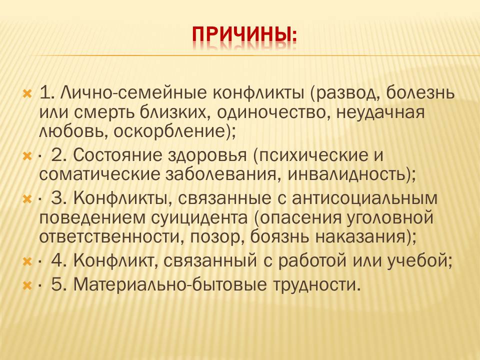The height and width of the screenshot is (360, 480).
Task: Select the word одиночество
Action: pyautogui.click(x=273, y=112)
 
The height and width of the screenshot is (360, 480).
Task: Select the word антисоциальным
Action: pyautogui.click(x=364, y=198)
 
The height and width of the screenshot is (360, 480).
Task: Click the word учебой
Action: pyautogui.click(x=419, y=261)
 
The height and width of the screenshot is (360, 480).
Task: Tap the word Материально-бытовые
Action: pyautogui.click(x=170, y=284)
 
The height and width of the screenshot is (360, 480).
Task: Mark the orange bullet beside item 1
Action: pyautogui.click(x=27, y=93)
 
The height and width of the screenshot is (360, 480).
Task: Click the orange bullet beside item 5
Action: pyautogui.click(x=27, y=286)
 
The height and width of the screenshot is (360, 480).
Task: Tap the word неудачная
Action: pyautogui.click(x=380, y=112)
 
